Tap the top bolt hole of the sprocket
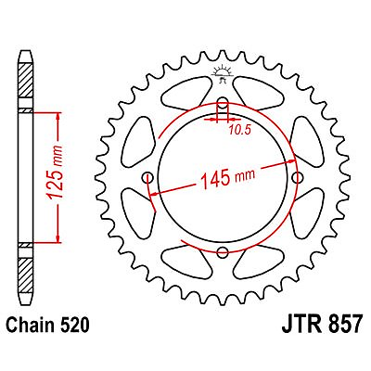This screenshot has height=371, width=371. coord(223,103)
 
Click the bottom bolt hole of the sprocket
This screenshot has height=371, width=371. coord(223,252)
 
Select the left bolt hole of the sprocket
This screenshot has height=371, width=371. coord(148,178)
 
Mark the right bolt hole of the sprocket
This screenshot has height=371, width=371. coord(297,178)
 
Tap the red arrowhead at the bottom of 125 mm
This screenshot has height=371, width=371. coord(59,237)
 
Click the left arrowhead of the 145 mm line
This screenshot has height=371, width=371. coord(152,193)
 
